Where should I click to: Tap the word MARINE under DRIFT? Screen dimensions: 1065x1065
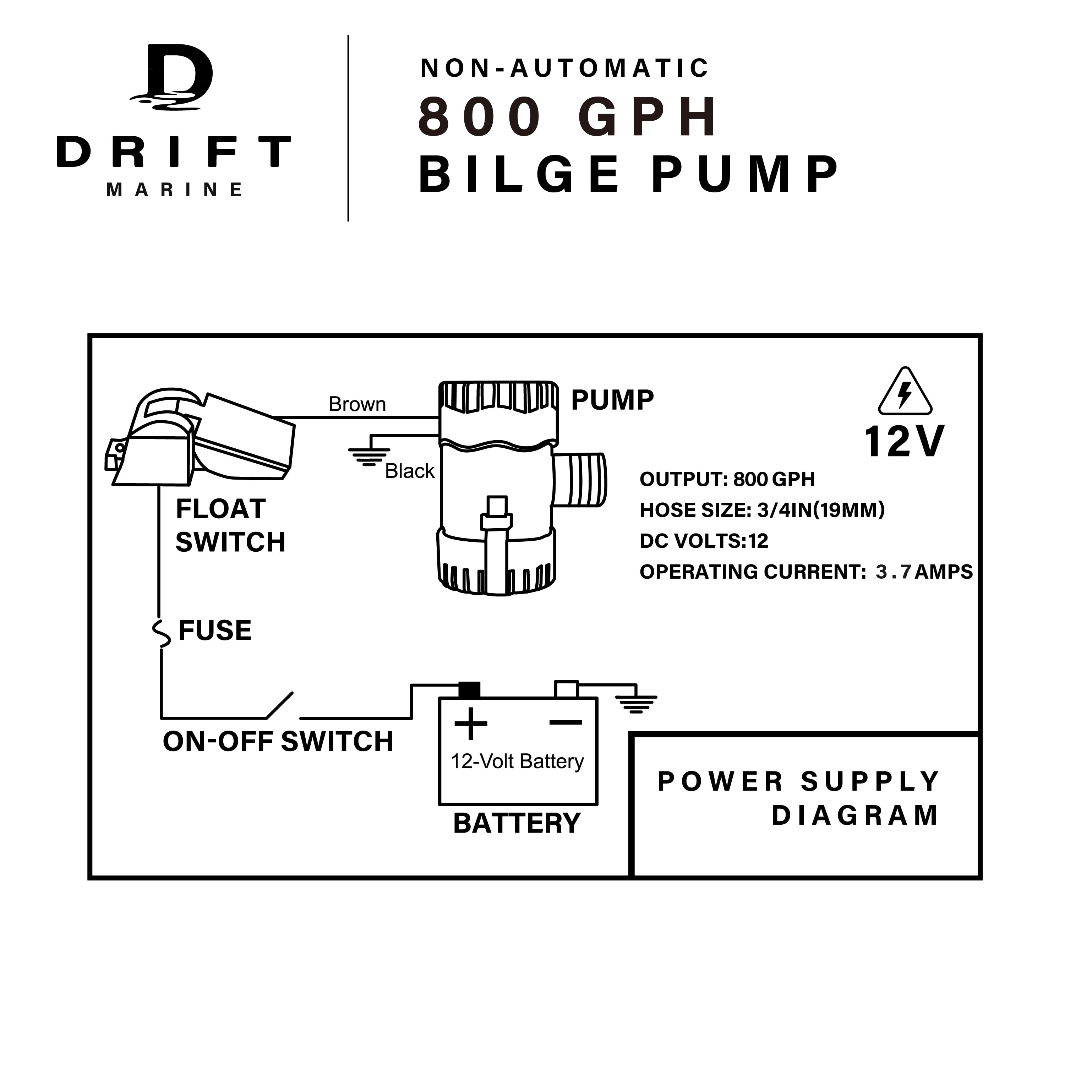(174, 190)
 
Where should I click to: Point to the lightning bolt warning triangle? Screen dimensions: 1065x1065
(905, 393)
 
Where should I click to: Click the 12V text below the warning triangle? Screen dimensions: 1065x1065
(904, 442)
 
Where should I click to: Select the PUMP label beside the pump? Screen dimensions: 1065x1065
(612, 400)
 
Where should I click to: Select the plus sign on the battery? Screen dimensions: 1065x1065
(471, 723)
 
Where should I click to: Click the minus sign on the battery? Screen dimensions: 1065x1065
(566, 722)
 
